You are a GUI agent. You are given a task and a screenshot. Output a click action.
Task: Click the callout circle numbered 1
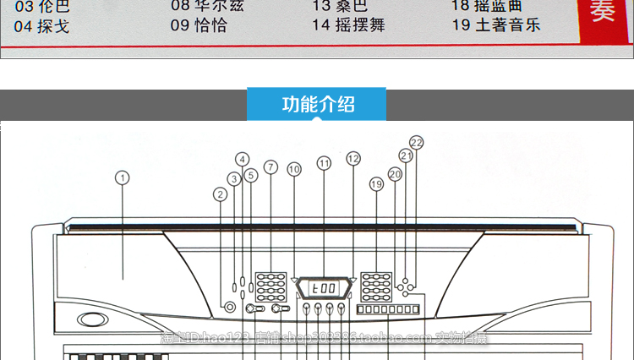[123, 177]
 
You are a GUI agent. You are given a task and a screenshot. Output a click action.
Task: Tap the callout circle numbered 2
[221, 194]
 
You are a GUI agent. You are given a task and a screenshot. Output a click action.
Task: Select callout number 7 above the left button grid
[271, 166]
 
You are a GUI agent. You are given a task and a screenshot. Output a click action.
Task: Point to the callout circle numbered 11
[324, 163]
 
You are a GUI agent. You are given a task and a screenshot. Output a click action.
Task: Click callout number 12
[353, 158]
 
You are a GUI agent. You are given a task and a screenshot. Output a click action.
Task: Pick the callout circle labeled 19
[376, 183]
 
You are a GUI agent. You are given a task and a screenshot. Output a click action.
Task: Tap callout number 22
[416, 142]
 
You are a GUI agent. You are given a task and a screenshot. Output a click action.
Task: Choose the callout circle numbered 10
[293, 169]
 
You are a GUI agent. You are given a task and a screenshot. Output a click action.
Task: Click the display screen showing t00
[324, 288]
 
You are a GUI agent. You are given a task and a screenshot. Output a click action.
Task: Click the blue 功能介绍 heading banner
[318, 105]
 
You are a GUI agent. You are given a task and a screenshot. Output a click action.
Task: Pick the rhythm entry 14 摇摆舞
[348, 25]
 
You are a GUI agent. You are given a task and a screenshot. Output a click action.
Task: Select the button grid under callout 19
[375, 287]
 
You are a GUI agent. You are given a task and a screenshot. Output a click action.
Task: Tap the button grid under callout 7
[271, 287]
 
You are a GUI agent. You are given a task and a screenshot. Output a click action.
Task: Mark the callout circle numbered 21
[406, 156]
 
